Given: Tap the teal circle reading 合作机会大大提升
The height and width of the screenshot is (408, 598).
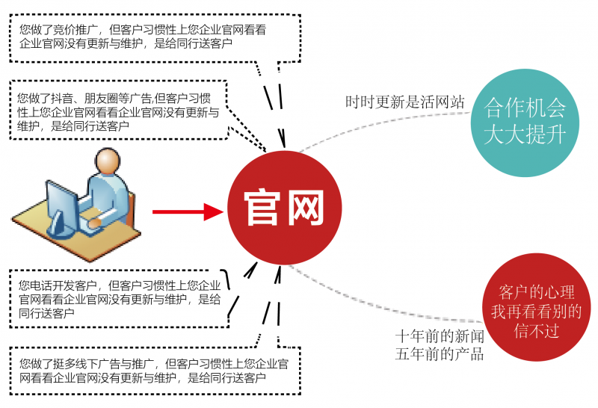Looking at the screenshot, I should [x=525, y=122].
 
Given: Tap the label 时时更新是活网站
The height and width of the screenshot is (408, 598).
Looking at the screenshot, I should [x=404, y=102].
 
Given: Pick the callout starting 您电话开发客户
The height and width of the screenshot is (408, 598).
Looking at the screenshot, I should [x=120, y=299].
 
